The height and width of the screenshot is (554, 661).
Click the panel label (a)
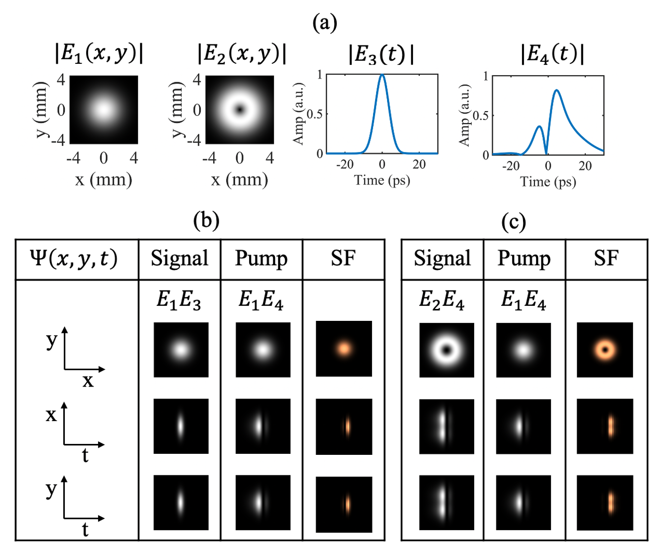[x=325, y=23]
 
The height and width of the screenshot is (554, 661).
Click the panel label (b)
[x=206, y=220]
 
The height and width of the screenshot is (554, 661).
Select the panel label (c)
[x=514, y=222]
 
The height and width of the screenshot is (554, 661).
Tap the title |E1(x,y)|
[x=99, y=54]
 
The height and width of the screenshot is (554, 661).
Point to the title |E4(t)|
[x=552, y=54]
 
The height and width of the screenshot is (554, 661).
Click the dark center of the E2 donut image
[x=240, y=109]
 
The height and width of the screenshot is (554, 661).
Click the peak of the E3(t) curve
[x=382, y=75]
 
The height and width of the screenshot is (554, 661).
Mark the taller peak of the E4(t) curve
[x=556, y=90]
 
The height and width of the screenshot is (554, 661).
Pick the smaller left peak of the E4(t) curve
[x=539, y=127]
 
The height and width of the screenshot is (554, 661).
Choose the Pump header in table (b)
[x=261, y=259]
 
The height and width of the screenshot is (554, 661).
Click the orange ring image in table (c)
[x=605, y=349]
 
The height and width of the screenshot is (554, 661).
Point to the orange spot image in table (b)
[x=344, y=348]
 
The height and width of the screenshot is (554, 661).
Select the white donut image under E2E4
[x=446, y=350]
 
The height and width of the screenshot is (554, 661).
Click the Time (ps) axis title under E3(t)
[x=382, y=180]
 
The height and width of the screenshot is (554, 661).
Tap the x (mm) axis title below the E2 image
[x=240, y=179]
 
